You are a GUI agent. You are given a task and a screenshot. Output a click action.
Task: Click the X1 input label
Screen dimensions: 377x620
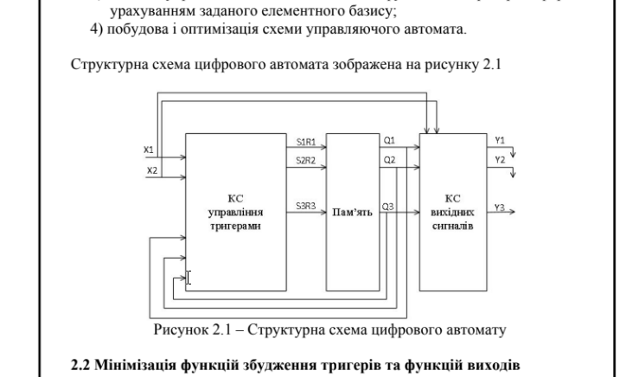[x=149, y=150]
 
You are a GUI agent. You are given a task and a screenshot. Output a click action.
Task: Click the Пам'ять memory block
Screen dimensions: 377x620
[x=352, y=212]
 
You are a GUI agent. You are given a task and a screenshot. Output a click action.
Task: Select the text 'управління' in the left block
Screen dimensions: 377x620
[x=235, y=211]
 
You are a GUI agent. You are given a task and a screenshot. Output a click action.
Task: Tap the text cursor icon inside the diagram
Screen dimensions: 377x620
[x=189, y=278]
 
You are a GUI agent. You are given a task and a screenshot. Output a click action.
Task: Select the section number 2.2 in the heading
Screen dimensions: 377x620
[x=80, y=363]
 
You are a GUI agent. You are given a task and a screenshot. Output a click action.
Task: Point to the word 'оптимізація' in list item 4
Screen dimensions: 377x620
[x=208, y=31]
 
